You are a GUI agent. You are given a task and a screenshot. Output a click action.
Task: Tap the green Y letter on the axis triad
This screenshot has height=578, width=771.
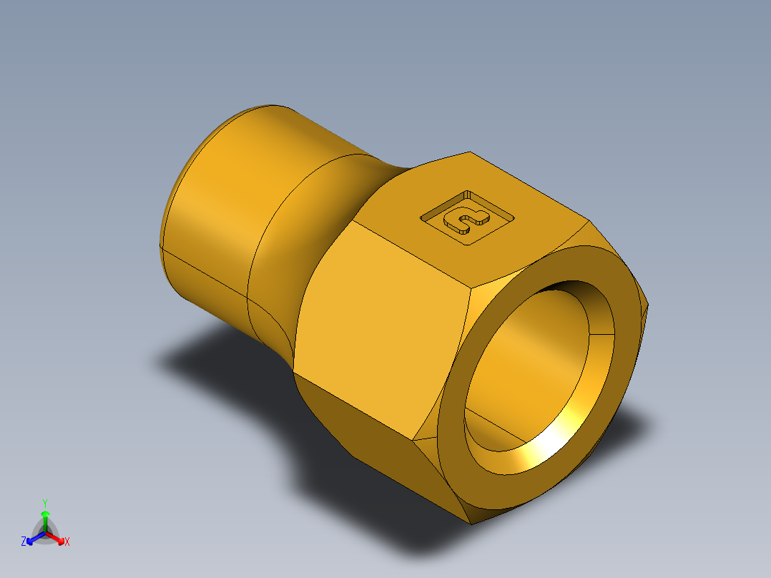pos(45,503)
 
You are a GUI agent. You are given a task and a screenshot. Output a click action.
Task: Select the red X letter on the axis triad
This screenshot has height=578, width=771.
pos(67,542)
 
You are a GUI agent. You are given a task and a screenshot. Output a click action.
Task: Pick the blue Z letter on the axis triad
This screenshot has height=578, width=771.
pos(24,542)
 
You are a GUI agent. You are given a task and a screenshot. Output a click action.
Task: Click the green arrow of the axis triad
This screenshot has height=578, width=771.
pos(45,519)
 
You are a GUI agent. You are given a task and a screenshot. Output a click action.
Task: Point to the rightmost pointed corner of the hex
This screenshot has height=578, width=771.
pos(648,306)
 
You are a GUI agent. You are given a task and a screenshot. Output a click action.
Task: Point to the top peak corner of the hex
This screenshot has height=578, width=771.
pos(469,152)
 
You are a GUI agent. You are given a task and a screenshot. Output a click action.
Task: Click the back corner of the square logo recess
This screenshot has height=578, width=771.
pos(467,192)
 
